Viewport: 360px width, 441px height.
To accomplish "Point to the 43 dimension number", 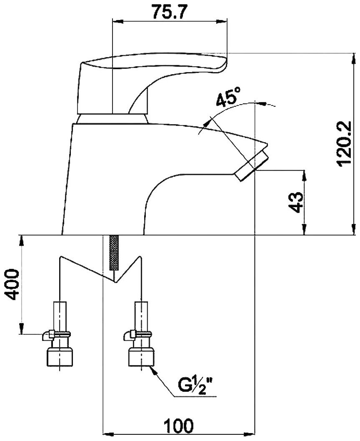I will pyautogui.click(x=296, y=202).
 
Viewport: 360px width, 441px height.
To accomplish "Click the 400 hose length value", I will pyautogui.click(x=12, y=284).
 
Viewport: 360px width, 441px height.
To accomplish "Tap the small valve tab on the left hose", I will pyautogui.click(x=47, y=334).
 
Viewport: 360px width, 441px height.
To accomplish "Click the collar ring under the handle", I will pyautogui.click(x=112, y=118).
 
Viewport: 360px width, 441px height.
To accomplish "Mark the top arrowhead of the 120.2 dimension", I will pyautogui.click(x=350, y=58).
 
